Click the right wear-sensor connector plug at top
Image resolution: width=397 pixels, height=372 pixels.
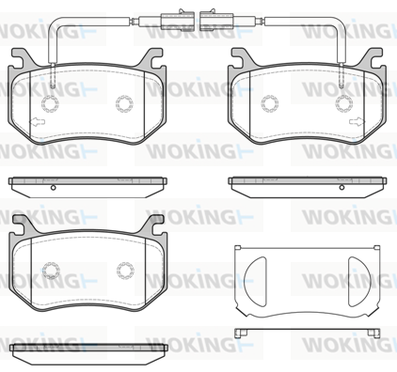[x=216, y=22]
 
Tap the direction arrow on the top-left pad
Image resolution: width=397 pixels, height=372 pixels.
[x=37, y=122]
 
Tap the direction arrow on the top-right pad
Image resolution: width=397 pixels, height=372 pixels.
[x=357, y=121]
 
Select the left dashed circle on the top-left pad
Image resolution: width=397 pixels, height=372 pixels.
[x=50, y=103]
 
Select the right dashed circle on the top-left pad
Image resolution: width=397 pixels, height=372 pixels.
[x=124, y=103]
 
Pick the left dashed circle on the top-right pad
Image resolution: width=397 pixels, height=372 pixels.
[x=270, y=103]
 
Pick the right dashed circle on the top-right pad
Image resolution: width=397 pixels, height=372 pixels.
[x=344, y=103]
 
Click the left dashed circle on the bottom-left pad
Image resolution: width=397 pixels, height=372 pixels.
[x=51, y=271]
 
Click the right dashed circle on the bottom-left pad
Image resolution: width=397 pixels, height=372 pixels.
[x=125, y=271]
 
